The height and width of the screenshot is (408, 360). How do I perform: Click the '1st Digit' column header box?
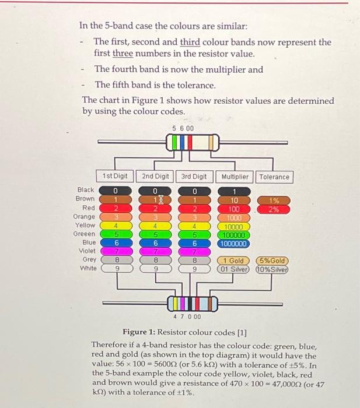point(114,176)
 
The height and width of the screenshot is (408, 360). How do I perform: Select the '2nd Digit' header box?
point(155,176)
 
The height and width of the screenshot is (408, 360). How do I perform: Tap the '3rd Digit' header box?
point(194,176)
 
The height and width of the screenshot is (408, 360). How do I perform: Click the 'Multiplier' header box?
point(235,177)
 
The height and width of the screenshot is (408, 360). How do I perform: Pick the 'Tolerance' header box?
point(274,177)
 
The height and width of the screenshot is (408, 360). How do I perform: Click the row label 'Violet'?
point(87,251)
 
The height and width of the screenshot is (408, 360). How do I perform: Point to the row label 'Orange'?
point(85,216)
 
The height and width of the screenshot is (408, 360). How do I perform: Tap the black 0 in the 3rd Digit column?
point(195,191)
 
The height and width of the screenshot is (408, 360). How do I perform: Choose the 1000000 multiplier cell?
point(235,244)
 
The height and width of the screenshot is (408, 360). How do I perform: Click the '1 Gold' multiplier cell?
point(235,261)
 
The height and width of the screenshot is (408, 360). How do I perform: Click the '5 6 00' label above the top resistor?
point(184,128)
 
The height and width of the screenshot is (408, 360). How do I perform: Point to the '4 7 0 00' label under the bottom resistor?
point(187,316)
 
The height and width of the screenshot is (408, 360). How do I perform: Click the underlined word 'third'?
point(190,42)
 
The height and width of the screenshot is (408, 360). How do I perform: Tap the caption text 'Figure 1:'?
point(140,333)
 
